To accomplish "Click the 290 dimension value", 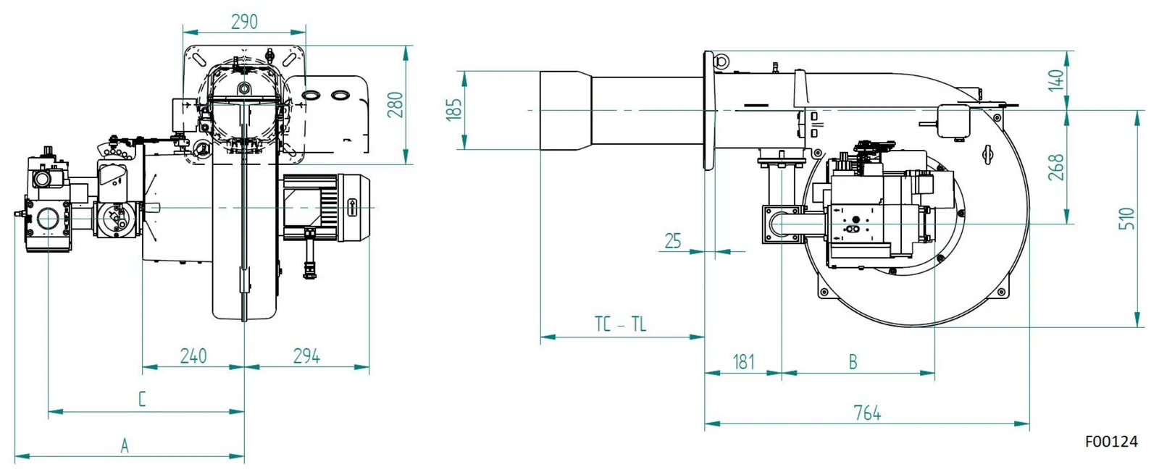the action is point(244,22).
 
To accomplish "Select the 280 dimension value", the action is point(396,104).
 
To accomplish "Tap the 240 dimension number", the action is point(193,355).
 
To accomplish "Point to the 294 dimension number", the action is point(306,355).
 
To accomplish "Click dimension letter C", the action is point(142,399).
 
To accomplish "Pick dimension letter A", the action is point(125,446).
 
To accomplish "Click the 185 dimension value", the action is point(453,109).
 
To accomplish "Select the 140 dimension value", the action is point(1055,80).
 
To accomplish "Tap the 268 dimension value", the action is point(1055,167).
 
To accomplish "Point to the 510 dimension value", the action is point(1126,219).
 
